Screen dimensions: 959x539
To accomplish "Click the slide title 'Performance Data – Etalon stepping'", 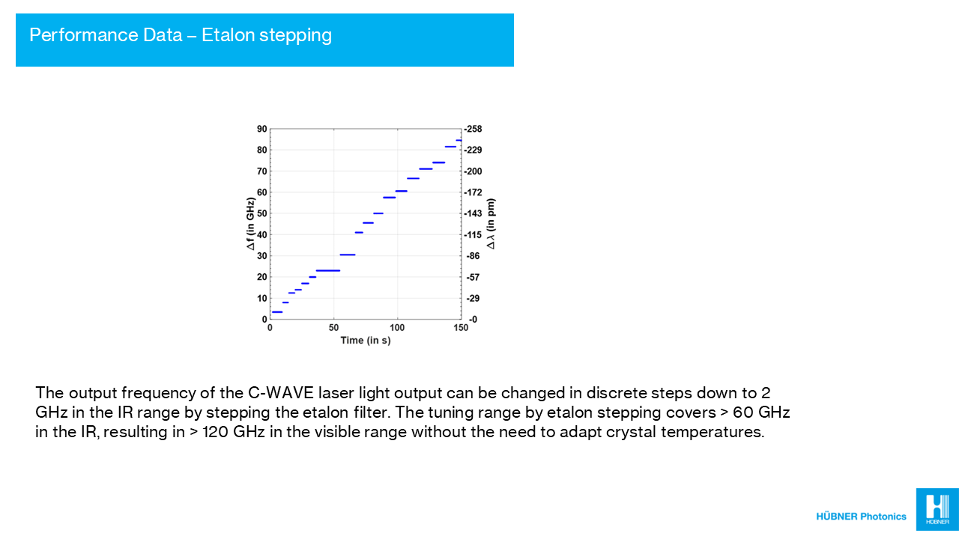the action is coord(181,35).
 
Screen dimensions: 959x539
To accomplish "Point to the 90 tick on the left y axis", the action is coord(261,129).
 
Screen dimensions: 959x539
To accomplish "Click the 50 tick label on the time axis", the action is coord(333,328).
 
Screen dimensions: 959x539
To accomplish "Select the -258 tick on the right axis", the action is coord(473,129).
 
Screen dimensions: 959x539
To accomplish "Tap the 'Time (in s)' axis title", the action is coord(366,341).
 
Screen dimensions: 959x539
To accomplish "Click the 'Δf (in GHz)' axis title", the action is coord(250,223).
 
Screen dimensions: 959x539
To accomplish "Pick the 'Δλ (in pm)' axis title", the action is coord(491,224).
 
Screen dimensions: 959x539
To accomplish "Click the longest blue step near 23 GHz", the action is coord(328,270).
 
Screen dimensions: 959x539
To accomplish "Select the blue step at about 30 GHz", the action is coord(348,255).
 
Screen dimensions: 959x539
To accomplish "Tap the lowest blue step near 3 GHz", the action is coord(277,312).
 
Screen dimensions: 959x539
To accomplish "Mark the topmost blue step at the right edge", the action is coord(459,140).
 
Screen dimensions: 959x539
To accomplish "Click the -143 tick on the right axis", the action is coord(473,213).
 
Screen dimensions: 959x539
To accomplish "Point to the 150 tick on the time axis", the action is coord(461,328).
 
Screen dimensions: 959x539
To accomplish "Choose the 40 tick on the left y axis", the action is coord(261,235).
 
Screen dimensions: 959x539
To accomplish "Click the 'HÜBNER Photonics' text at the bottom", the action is coord(861,517).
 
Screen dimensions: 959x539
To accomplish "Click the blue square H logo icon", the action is coord(937,509).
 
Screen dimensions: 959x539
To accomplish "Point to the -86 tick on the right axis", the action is coord(473,256).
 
